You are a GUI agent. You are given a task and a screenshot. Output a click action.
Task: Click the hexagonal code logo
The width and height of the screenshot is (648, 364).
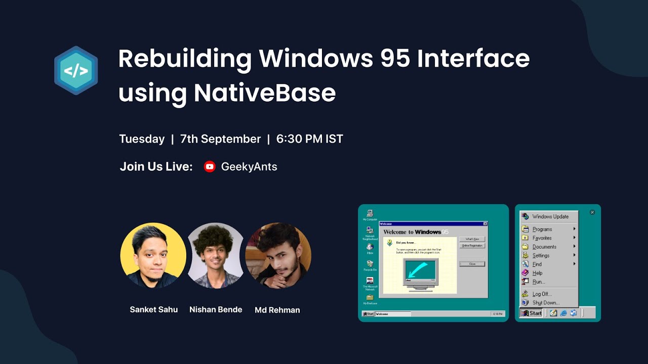[76, 70]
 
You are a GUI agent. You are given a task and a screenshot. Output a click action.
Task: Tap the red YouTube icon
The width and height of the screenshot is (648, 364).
[210, 167]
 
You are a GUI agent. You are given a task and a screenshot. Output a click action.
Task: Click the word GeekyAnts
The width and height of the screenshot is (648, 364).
[249, 167]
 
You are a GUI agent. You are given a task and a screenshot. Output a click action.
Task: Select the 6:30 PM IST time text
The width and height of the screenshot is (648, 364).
[310, 139]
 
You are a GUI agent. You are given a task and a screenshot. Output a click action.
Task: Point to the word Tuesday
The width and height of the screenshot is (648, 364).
[142, 139]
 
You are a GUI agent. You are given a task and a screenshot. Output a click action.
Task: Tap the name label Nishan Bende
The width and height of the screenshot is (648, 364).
[216, 309]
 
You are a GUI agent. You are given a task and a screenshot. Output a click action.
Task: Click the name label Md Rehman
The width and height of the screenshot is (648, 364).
[277, 310]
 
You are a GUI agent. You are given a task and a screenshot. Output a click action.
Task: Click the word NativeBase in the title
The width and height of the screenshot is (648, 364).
[265, 93]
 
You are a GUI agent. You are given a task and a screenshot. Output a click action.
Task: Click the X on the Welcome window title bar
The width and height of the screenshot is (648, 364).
[485, 223]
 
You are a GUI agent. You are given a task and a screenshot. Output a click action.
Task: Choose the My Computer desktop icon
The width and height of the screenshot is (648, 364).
[370, 213]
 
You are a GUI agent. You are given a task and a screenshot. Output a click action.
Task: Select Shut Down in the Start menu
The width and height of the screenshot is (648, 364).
[546, 303]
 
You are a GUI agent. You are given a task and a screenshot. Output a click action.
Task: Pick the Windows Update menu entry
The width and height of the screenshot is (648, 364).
[550, 216]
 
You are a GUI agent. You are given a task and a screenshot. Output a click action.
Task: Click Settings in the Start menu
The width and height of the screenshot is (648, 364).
[541, 255]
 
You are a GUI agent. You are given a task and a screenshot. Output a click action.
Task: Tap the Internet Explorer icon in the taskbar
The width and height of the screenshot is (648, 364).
[563, 313]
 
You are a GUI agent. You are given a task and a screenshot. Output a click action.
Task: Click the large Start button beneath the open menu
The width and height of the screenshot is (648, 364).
[532, 313]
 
